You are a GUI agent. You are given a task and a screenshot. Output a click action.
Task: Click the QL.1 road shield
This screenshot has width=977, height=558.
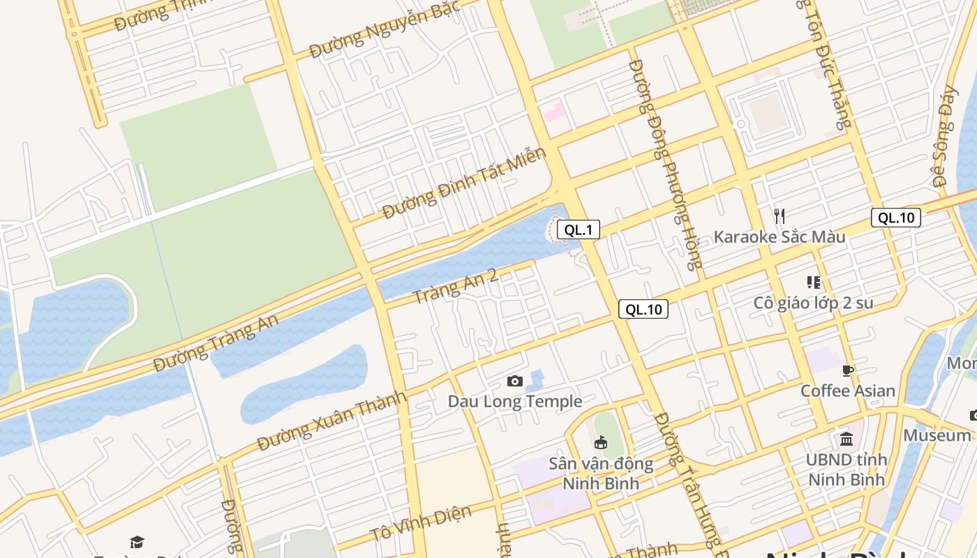click(578, 229)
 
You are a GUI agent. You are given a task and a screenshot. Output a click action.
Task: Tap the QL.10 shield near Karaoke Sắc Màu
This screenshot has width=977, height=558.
click(895, 218)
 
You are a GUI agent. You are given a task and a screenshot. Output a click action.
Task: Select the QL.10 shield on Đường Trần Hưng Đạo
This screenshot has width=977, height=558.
click(643, 309)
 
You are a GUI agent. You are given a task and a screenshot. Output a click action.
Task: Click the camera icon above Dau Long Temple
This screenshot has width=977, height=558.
click(515, 381)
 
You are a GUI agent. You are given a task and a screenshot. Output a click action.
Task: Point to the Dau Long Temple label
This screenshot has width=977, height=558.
click(515, 401)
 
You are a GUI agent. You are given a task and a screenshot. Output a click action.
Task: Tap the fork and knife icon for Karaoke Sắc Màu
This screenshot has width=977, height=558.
click(780, 216)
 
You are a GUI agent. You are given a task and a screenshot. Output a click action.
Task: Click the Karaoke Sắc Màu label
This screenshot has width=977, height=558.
click(779, 237)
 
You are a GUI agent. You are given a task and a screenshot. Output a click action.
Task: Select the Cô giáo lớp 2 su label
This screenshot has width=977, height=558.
click(813, 303)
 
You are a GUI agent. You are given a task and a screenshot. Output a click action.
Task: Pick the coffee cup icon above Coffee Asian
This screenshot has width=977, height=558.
click(848, 370)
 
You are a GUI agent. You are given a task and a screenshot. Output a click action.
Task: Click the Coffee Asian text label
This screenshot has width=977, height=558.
click(847, 391)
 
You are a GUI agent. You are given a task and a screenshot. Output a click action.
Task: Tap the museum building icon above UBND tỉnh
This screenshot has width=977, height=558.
click(847, 439)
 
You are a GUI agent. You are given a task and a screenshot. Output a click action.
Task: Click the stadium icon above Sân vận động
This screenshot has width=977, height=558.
click(600, 442)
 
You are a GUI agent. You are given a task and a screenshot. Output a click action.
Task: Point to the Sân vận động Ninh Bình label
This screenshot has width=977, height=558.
click(601, 473)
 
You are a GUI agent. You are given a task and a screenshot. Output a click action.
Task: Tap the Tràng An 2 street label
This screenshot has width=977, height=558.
click(455, 287)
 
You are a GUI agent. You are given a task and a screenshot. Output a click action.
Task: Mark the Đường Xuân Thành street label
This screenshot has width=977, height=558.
click(331, 421)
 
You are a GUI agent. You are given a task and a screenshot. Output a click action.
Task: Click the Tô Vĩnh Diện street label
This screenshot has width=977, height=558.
click(420, 523)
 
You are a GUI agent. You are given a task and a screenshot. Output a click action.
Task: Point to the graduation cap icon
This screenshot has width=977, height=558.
click(137, 542)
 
